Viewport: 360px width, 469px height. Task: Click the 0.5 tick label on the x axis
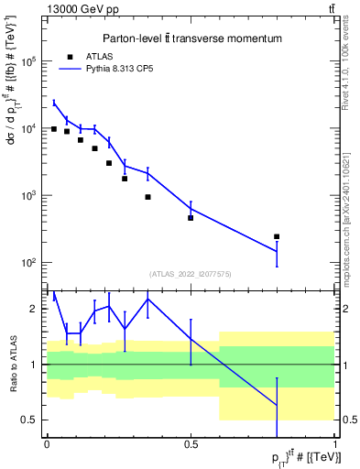tap(191, 444)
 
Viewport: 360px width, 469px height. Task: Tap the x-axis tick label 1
tap(334, 444)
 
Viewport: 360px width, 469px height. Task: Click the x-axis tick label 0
tap(47, 444)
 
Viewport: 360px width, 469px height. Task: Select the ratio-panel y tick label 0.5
tap(31, 420)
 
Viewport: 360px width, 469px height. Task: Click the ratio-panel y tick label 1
tap(35, 365)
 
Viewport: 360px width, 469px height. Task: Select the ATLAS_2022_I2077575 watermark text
tap(191, 274)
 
